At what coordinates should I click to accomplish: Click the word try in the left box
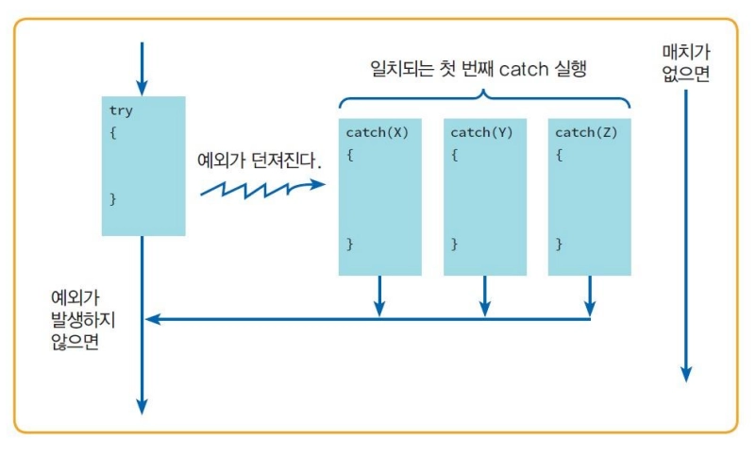121,110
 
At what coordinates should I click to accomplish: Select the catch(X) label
377,133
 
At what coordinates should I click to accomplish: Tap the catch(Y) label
481,133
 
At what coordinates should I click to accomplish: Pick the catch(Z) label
586,133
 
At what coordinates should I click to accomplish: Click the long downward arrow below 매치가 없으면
687,236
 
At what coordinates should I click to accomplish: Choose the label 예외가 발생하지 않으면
88,320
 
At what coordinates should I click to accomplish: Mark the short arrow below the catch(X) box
379,296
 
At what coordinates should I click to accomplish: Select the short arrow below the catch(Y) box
484,296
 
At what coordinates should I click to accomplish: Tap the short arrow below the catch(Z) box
589,296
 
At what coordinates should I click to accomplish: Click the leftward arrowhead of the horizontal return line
151,319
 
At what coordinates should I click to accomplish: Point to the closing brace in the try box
113,199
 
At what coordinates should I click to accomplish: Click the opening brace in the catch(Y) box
454,155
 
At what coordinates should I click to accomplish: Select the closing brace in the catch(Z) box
559,245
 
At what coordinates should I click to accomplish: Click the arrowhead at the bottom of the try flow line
142,405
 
